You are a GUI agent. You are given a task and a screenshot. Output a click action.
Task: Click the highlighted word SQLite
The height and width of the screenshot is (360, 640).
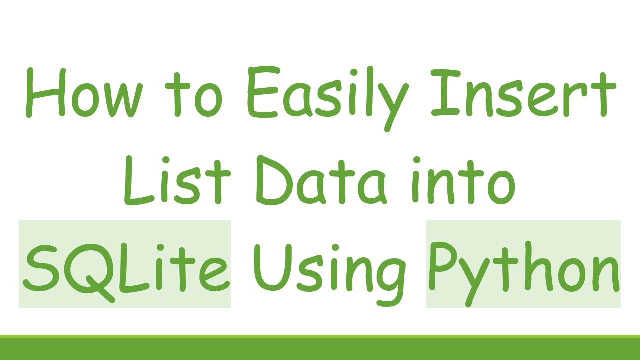click(125, 265)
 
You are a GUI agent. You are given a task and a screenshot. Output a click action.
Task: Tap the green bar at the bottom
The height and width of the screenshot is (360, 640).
click(320, 348)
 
